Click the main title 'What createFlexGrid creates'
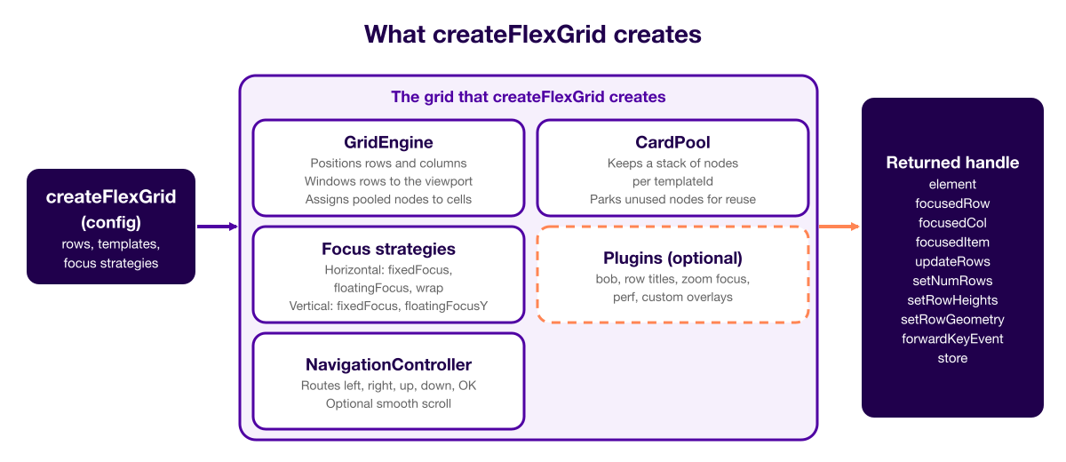click(532, 35)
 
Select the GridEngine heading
click(388, 142)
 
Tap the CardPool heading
click(672, 142)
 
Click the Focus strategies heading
click(388, 249)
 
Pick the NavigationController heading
click(388, 364)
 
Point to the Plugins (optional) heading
click(672, 258)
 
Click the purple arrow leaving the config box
click(217, 227)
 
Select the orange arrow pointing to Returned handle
click(839, 227)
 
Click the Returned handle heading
click(952, 163)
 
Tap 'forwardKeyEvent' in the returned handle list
click(952, 339)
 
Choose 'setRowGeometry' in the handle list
click(952, 319)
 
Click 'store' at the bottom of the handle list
click(952, 358)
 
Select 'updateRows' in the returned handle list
click(952, 262)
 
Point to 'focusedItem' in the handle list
click(952, 243)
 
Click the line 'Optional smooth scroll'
click(388, 403)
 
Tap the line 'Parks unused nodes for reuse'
click(672, 199)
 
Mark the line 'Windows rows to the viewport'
click(388, 181)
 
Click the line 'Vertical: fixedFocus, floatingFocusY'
click(388, 306)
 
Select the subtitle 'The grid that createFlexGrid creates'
click(529, 97)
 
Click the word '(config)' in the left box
click(111, 222)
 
